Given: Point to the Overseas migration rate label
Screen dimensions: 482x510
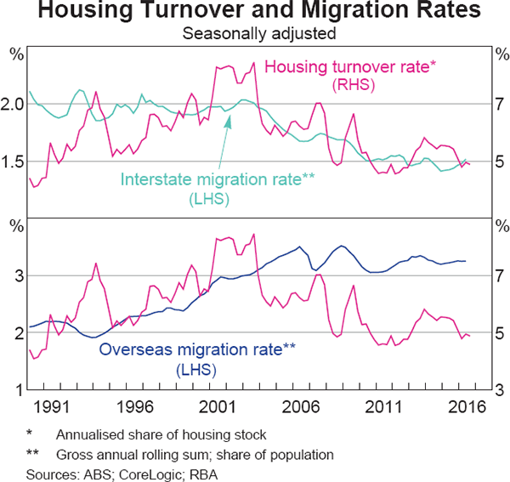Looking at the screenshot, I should click(199, 349).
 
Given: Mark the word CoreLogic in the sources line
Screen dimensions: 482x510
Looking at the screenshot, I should click(133, 473).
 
